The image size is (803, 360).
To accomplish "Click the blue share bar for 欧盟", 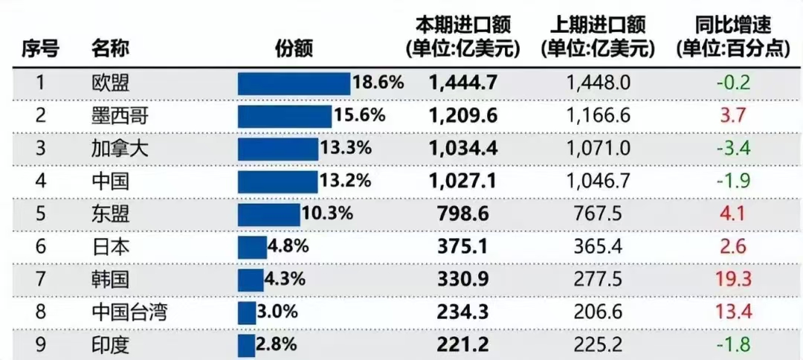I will tap(294, 83).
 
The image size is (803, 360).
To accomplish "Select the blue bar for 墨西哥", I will tap(285, 116).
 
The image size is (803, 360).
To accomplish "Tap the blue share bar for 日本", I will tap(252, 247).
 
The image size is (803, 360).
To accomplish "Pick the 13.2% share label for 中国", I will tap(345, 181).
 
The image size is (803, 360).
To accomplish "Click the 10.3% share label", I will tap(326, 214).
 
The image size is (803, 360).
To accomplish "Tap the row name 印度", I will tap(110, 344).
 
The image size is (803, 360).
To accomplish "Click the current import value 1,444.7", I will tap(462, 83).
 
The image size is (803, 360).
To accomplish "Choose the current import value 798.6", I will tap(462, 214).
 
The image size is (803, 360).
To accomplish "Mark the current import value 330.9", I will tap(462, 280).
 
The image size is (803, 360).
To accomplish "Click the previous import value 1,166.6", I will tap(598, 115).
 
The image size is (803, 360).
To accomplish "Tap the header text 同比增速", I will tap(732, 25).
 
